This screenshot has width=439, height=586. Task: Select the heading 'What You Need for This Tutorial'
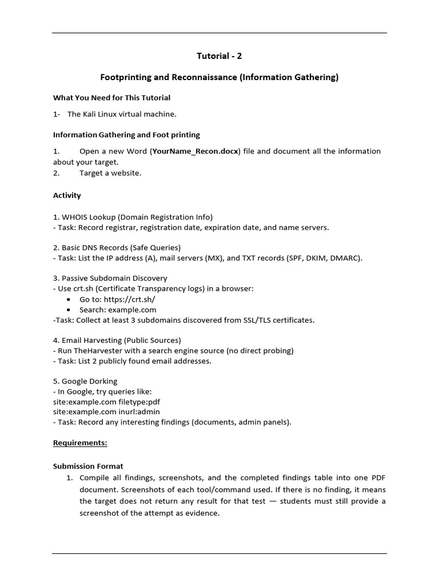[x=111, y=98]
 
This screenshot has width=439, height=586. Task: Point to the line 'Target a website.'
[x=110, y=173]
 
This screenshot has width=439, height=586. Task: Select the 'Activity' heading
[x=67, y=195]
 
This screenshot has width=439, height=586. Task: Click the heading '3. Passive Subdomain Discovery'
[x=110, y=278]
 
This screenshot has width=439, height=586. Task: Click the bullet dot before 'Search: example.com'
[x=69, y=310]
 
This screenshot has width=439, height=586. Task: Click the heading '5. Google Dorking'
[x=85, y=381]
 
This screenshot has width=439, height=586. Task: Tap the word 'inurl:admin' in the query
[x=139, y=411]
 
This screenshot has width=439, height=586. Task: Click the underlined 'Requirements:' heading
[x=80, y=443]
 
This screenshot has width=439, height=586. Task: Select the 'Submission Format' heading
[x=88, y=466]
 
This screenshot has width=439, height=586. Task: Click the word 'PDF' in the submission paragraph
[x=378, y=477]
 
